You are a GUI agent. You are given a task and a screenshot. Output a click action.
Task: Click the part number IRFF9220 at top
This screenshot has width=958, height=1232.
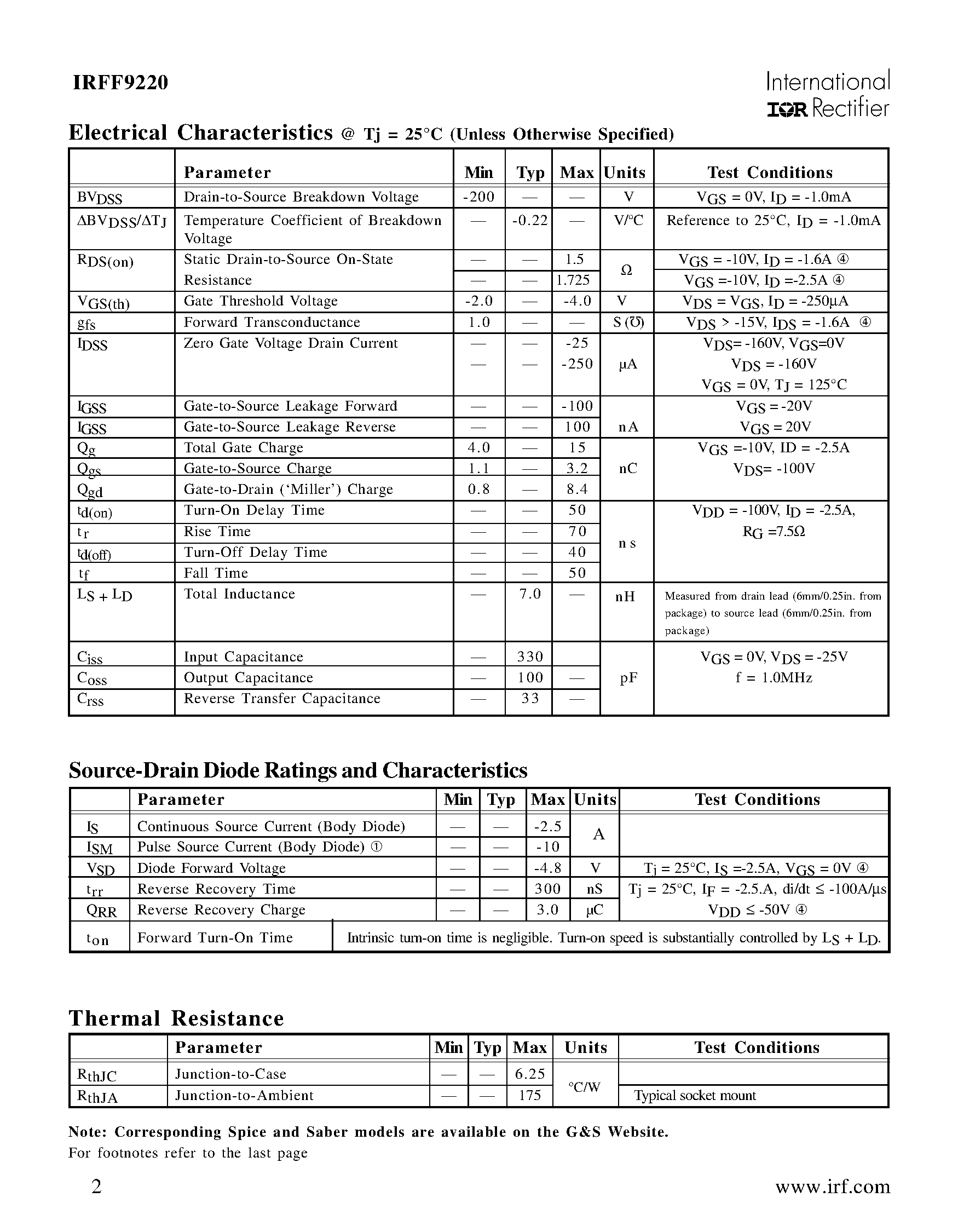pyautogui.click(x=120, y=83)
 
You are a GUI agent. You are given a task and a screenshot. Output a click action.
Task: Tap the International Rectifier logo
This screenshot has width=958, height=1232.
pyautogui.click(x=827, y=94)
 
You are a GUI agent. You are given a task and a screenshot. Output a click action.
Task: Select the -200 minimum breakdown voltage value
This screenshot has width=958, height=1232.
pyautogui.click(x=478, y=197)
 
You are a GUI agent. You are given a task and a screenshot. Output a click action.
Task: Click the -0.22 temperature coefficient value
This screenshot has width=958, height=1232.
pyautogui.click(x=529, y=220)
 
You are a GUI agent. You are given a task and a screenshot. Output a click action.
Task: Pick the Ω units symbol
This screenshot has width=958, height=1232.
pyautogui.click(x=626, y=270)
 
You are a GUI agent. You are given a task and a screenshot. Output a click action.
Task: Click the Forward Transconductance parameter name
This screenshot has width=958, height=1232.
pyautogui.click(x=272, y=322)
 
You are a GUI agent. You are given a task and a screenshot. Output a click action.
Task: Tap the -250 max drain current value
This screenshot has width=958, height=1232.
pyautogui.click(x=577, y=364)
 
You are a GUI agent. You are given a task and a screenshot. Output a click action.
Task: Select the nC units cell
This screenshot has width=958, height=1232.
pyautogui.click(x=627, y=468)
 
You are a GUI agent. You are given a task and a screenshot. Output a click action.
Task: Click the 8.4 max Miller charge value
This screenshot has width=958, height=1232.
pyautogui.click(x=577, y=489)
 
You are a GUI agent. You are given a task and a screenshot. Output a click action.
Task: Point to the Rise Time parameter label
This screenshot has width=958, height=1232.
pyautogui.click(x=217, y=531)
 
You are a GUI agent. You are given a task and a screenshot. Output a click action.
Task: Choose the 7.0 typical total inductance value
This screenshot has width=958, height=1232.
pyautogui.click(x=529, y=594)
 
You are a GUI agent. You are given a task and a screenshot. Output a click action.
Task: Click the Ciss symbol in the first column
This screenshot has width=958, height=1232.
pyautogui.click(x=90, y=657)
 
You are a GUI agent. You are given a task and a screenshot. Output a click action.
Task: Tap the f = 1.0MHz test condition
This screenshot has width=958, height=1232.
pyautogui.click(x=773, y=677)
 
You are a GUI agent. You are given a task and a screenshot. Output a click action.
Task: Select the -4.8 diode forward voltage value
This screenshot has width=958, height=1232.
pyautogui.click(x=547, y=867)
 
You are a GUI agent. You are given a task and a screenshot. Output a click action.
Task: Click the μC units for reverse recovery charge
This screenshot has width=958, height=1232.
pyautogui.click(x=595, y=909)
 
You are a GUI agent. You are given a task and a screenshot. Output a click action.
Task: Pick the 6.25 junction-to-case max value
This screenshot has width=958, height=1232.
pyautogui.click(x=529, y=1074)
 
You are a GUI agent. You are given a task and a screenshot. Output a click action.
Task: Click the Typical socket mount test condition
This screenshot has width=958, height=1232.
pyautogui.click(x=695, y=1095)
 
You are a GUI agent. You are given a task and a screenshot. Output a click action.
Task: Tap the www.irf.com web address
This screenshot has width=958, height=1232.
pyautogui.click(x=832, y=1187)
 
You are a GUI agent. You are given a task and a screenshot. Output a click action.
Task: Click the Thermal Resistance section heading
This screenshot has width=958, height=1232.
pyautogui.click(x=176, y=1018)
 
